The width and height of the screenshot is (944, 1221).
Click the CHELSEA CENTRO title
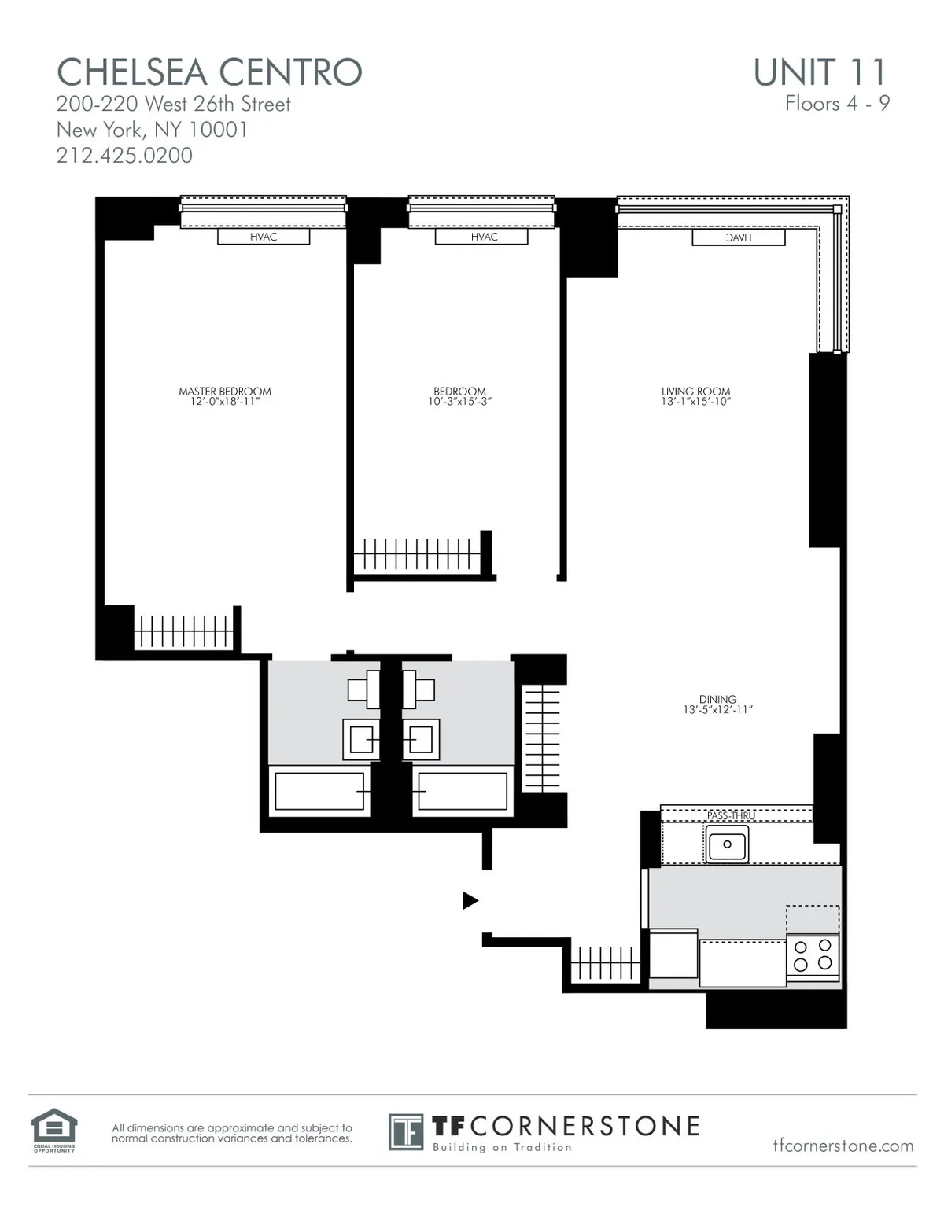pyautogui.click(x=209, y=72)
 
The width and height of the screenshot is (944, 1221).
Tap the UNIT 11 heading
pyautogui.click(x=820, y=72)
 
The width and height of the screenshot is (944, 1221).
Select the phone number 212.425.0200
pyautogui.click(x=124, y=155)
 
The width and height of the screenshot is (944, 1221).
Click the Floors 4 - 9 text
pyautogui.click(x=837, y=104)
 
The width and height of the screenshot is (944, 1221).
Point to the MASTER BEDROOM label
pyautogui.click(x=225, y=391)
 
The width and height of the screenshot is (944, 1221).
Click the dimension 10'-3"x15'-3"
pyautogui.click(x=460, y=402)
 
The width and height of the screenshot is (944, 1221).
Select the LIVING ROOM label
pyautogui.click(x=695, y=391)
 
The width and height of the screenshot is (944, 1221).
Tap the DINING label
pyautogui.click(x=717, y=699)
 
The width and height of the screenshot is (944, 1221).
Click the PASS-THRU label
pyautogui.click(x=731, y=815)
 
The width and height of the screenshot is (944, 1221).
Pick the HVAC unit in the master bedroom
pyautogui.click(x=264, y=237)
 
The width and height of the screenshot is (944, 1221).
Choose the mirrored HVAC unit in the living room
pyautogui.click(x=738, y=237)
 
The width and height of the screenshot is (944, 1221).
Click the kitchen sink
pyautogui.click(x=727, y=844)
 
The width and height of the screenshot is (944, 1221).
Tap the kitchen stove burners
pyautogui.click(x=813, y=954)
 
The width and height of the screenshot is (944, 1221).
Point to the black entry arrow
pyautogui.click(x=470, y=900)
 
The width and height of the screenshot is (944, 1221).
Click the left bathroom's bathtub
pyautogui.click(x=319, y=791)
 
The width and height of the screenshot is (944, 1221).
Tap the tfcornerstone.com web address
pyautogui.click(x=843, y=1146)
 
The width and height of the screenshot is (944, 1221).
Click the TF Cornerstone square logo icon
pyautogui.click(x=406, y=1131)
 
